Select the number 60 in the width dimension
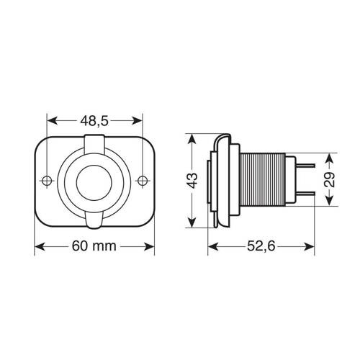point(80,247)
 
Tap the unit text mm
point(106,247)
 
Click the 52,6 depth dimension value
point(261,247)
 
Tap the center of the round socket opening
point(94,179)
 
